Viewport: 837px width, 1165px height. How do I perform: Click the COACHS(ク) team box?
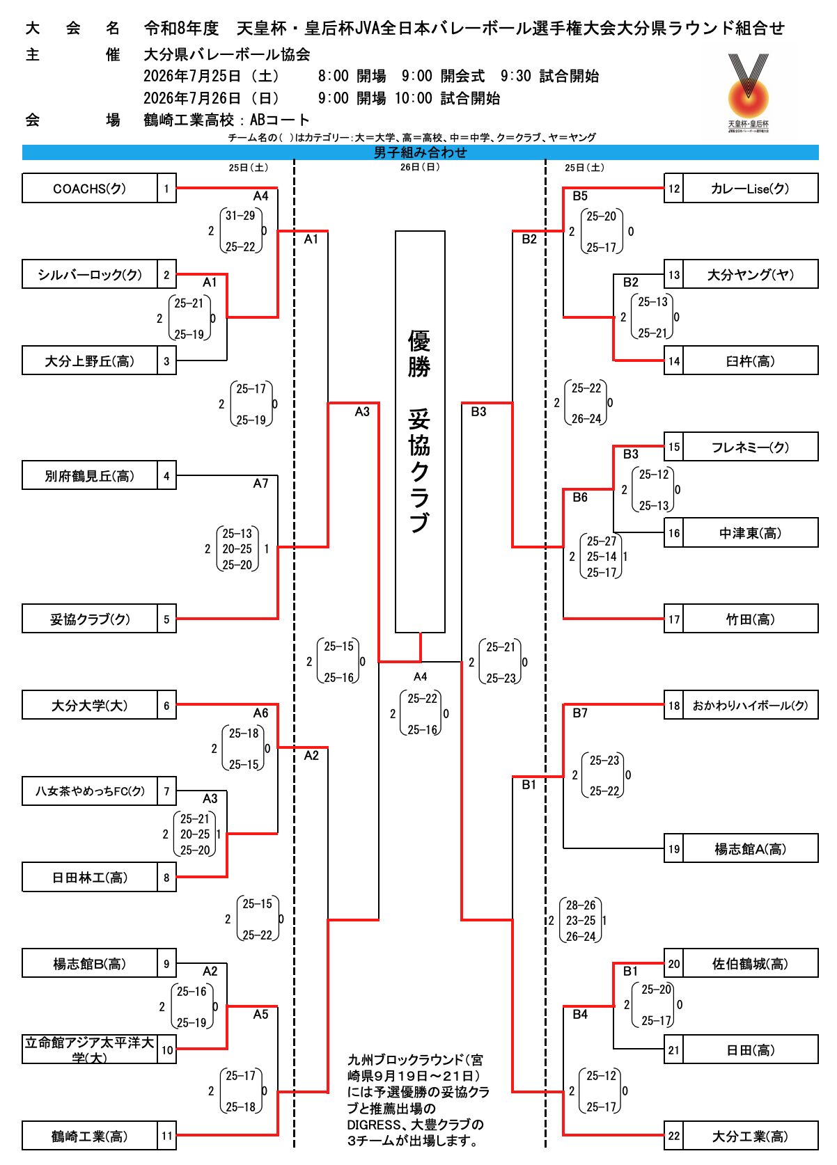pyautogui.click(x=90, y=188)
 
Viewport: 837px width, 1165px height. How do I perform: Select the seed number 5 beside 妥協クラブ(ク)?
pyautogui.click(x=166, y=619)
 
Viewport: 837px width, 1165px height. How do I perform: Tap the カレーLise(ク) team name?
pyautogui.click(x=750, y=189)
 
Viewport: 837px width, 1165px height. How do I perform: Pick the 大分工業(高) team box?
pyautogui.click(x=750, y=1136)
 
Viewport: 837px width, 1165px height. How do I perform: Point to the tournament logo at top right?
pyautogui.click(x=748, y=93)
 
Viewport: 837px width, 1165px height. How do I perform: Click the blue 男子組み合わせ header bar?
pyautogui.click(x=420, y=152)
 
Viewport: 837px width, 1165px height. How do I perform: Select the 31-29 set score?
pyautogui.click(x=240, y=215)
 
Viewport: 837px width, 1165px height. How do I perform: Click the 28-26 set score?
pyautogui.click(x=581, y=905)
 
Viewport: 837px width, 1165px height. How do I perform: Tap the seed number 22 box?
pyautogui.click(x=673, y=1136)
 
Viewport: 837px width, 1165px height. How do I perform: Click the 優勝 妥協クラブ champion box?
pyautogui.click(x=420, y=431)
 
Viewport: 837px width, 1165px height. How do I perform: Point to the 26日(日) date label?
pyautogui.click(x=420, y=167)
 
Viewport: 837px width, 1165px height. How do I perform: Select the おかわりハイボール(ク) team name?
pyautogui.click(x=750, y=705)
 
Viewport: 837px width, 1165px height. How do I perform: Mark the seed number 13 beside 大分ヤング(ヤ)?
pyautogui.click(x=673, y=274)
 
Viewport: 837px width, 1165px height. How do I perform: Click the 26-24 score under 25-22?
pyautogui.click(x=586, y=419)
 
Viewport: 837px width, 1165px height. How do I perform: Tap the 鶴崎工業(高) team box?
pyautogui.click(x=90, y=1136)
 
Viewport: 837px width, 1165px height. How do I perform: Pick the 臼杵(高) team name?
pyautogui.click(x=750, y=361)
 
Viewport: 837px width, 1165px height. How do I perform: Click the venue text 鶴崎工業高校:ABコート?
pyautogui.click(x=226, y=120)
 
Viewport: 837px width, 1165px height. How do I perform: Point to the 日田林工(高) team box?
pyautogui.click(x=90, y=878)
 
